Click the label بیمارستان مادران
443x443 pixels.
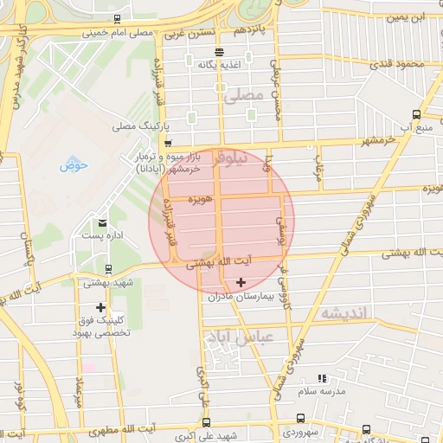pyautogui.click(x=240, y=296)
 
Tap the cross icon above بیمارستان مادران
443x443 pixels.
pyautogui.click(x=241, y=282)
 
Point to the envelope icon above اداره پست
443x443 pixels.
pyautogui.click(x=103, y=223)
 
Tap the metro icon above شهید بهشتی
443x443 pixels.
pyautogui.click(x=107, y=269)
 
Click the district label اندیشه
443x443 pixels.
pyautogui.click(x=343, y=312)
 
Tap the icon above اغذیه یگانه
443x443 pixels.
pyautogui.click(x=217, y=52)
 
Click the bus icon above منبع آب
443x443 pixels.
pyautogui.click(x=417, y=114)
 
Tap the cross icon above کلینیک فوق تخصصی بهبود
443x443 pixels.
pyautogui.click(x=101, y=307)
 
